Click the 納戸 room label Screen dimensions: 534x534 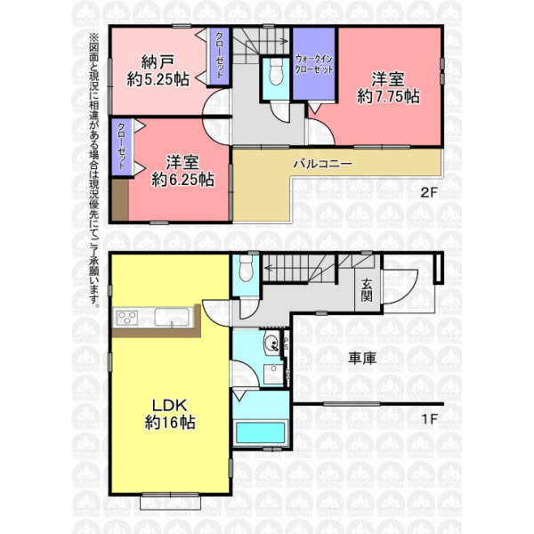(158, 61)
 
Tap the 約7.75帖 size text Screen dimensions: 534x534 (388, 97)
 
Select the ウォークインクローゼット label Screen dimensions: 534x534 (313, 64)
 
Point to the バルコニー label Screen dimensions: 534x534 (323, 164)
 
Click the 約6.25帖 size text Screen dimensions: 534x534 (182, 180)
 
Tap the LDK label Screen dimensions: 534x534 (170, 405)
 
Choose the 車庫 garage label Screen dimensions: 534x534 (362, 359)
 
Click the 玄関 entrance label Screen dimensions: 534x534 (367, 290)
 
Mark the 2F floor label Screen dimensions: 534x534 (428, 193)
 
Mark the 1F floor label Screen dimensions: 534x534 (429, 418)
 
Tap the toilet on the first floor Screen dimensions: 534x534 (246, 268)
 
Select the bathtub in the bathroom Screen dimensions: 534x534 (261, 433)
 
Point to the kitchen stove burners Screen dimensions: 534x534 (126, 318)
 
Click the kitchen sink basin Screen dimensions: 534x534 (172, 317)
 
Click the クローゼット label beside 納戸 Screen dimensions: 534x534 (220, 55)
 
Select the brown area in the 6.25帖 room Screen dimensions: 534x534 (120, 200)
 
